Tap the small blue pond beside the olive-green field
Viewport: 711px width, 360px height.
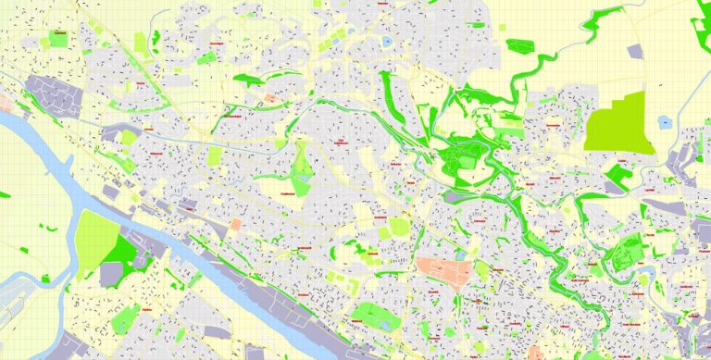(x=664, y=121)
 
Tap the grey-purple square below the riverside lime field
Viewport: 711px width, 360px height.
(x=111, y=273)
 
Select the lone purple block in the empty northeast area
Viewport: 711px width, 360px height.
(x=635, y=53)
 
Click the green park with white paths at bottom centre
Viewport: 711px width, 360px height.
(x=375, y=316)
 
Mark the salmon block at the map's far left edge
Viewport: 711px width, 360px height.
(x=5, y=99)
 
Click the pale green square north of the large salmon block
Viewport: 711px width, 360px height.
(x=400, y=226)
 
